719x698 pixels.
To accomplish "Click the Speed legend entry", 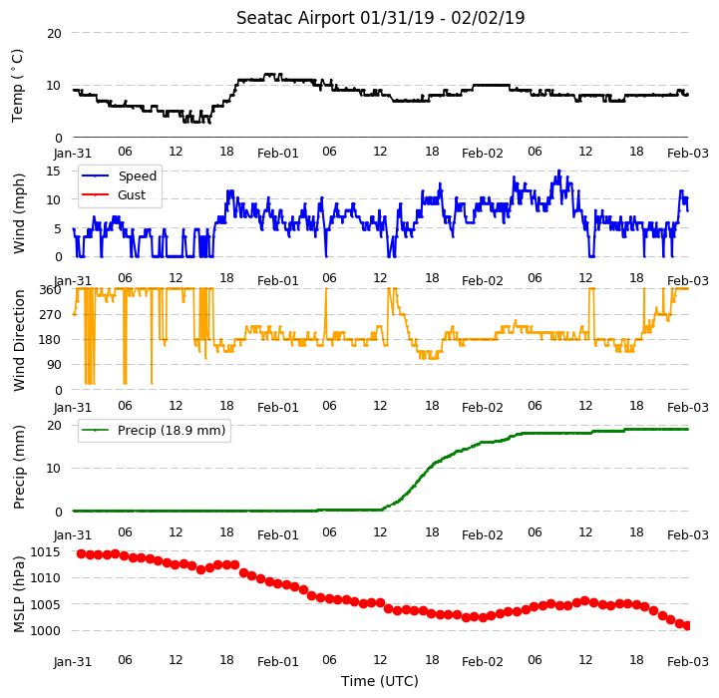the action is [137, 176].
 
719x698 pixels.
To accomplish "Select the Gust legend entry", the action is [132, 194].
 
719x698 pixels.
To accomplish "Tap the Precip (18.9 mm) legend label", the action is [172, 430].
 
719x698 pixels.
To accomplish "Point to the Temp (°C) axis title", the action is [17, 86].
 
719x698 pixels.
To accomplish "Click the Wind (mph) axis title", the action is [19, 213].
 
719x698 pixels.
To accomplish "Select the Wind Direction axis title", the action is [19, 340].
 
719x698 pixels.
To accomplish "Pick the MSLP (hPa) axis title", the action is [19, 594].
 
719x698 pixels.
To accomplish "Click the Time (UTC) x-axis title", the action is [380, 681].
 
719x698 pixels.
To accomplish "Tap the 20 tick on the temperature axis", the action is [54, 34].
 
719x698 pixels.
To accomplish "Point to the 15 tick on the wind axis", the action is [54, 172].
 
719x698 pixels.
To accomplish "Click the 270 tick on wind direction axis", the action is [52, 315].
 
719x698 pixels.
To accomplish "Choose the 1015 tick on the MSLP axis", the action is [46, 551].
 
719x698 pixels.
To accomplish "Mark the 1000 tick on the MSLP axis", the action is [46, 630].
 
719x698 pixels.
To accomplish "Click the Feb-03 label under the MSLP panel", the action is [688, 662].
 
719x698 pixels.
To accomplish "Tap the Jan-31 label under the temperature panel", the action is [73, 153].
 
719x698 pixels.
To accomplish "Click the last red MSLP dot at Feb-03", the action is [687, 625].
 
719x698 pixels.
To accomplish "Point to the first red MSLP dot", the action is [81, 554].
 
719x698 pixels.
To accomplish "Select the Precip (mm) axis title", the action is [19, 468].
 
